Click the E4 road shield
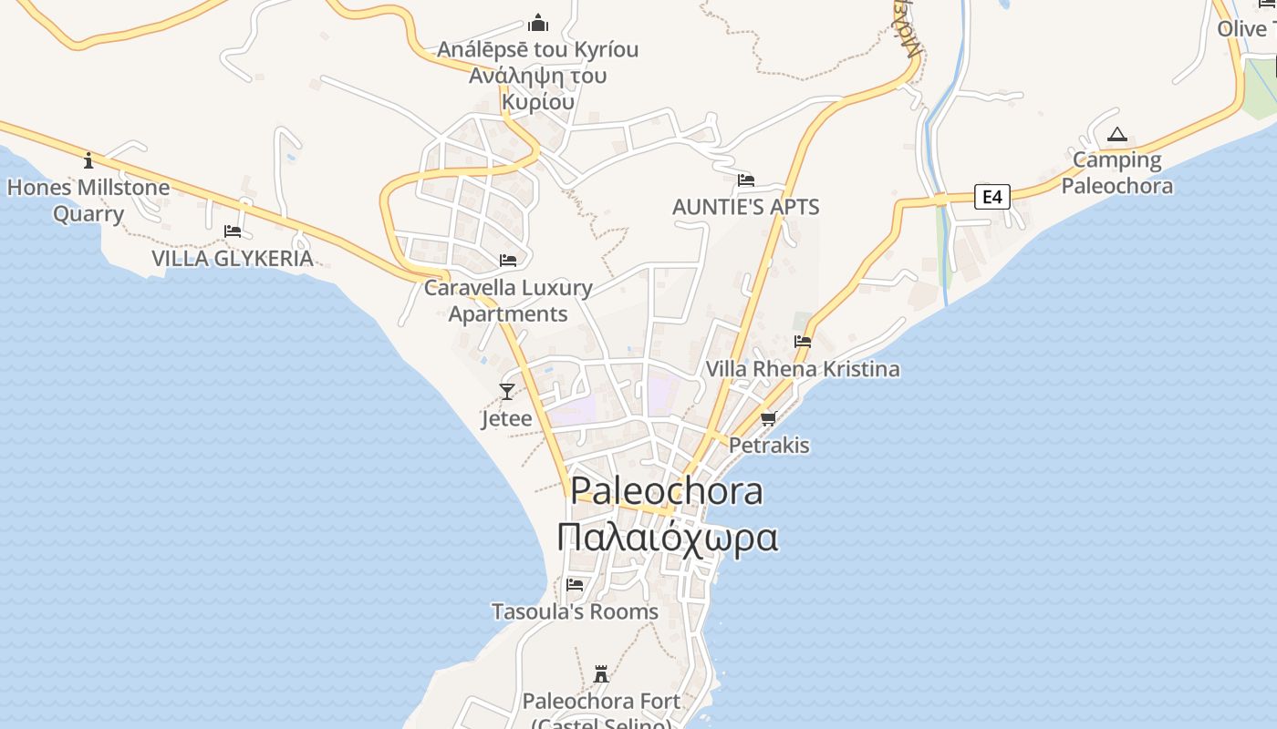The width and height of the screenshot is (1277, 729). (x=991, y=196)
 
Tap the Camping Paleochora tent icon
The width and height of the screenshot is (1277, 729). (x=1116, y=136)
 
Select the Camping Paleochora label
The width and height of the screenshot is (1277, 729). (x=1116, y=173)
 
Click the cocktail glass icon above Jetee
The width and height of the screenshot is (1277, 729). (x=507, y=392)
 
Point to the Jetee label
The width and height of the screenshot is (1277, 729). (x=506, y=419)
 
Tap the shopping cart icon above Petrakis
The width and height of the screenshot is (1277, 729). (x=768, y=419)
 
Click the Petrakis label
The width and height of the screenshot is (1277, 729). (x=769, y=446)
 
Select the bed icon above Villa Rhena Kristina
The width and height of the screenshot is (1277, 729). (x=803, y=342)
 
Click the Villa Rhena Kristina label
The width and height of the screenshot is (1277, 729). (x=803, y=369)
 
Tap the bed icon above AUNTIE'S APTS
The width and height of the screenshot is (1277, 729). (x=746, y=180)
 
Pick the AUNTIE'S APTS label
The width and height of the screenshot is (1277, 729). (x=745, y=207)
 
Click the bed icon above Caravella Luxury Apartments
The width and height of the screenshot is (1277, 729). (x=508, y=261)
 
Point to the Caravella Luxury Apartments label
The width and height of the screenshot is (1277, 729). (x=508, y=301)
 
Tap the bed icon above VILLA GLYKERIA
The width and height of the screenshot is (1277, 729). (x=233, y=231)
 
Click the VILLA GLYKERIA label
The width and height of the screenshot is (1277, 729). (x=232, y=258)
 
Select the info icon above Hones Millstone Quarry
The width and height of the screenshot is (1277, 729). (x=88, y=160)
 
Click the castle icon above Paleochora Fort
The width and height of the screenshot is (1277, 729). (x=601, y=674)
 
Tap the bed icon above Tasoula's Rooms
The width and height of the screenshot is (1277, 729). (x=575, y=584)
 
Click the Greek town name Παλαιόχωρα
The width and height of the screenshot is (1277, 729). (x=667, y=538)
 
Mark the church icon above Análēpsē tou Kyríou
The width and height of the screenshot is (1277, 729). (x=538, y=22)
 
